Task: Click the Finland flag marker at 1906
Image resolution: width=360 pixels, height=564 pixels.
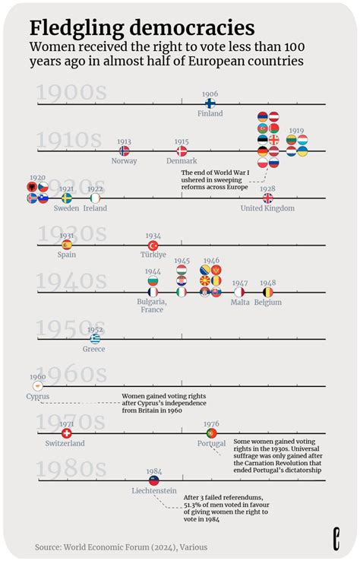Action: click(210, 103)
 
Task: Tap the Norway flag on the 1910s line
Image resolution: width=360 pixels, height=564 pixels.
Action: click(125, 151)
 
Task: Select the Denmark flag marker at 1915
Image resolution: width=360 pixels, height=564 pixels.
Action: click(182, 151)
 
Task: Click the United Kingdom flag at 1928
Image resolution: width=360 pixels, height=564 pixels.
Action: click(267, 198)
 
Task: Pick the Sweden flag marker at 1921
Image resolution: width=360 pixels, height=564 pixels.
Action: click(66, 198)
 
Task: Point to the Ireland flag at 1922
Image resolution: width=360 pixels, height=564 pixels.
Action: click(95, 198)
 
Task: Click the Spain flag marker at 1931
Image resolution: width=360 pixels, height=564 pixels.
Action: click(66, 245)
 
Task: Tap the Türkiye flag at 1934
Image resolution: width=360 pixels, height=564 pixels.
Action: click(153, 245)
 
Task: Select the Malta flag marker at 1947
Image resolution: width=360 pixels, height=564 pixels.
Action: click(239, 292)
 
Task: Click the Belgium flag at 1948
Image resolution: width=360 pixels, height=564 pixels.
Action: click(267, 292)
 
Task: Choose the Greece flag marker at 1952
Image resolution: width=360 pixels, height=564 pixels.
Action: click(95, 339)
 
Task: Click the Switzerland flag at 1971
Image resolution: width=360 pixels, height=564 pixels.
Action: click(66, 433)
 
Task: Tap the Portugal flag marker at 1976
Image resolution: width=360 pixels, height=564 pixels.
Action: click(210, 433)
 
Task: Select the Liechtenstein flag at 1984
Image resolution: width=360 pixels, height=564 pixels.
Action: click(153, 480)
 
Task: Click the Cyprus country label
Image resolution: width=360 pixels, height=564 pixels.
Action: click(37, 396)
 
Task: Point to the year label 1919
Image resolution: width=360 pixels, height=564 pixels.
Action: click(296, 131)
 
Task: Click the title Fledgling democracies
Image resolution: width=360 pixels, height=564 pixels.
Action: click(141, 28)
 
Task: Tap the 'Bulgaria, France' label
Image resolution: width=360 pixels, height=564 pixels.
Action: click(152, 305)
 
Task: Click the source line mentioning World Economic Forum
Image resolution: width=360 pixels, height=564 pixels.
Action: click(121, 547)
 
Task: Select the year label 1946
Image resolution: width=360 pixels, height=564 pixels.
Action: click(211, 260)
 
